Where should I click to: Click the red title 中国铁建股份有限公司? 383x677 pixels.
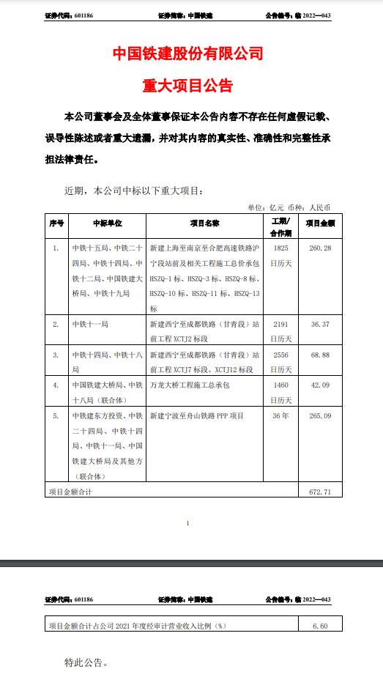tap(188, 53)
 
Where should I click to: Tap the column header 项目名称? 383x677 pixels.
tap(206, 223)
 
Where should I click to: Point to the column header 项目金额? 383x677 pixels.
tap(320, 223)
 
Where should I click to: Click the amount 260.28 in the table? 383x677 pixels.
tap(320, 248)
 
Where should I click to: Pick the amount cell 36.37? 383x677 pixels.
tap(320, 322)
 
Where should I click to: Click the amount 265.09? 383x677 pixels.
tap(320, 415)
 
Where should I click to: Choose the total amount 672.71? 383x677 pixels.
tap(320, 492)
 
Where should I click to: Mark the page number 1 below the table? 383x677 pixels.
tap(188, 523)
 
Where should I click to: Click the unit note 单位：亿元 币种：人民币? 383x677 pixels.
tap(289, 207)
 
